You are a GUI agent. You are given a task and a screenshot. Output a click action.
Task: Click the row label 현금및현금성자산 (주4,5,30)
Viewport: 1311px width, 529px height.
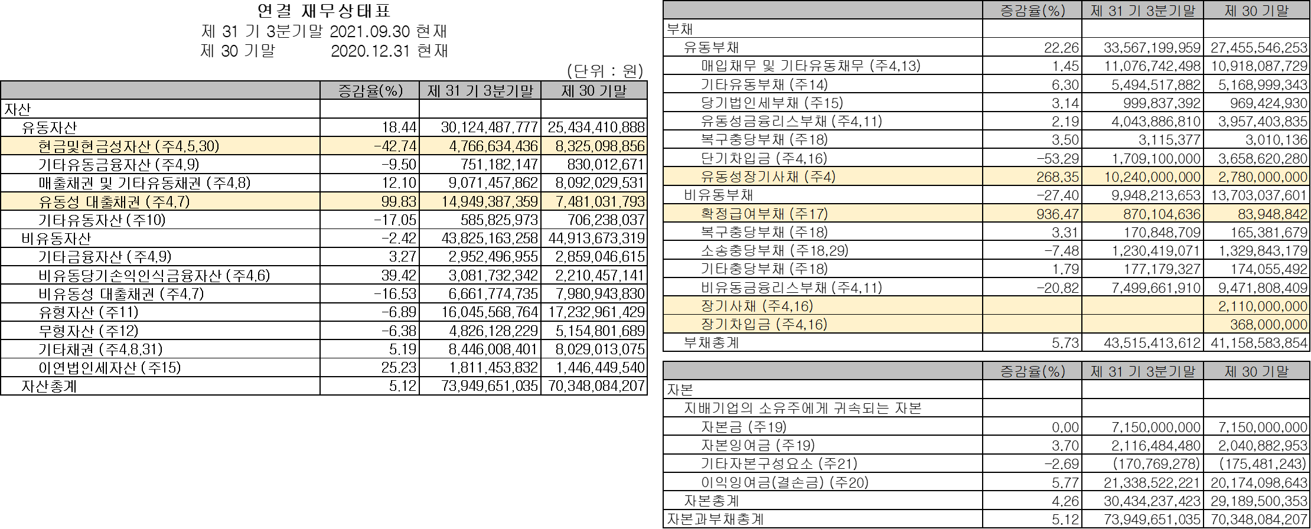tap(128, 146)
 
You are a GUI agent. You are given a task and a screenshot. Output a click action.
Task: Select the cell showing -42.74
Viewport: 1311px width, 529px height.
tap(395, 146)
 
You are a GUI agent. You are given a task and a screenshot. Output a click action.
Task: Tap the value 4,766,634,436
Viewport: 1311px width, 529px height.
tap(493, 146)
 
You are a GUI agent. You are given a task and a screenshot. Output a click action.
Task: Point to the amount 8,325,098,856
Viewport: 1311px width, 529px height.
tap(599, 146)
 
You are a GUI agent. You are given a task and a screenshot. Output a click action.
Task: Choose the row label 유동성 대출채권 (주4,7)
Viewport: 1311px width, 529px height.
tap(114, 201)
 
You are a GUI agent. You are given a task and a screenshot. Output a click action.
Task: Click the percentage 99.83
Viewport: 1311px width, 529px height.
tap(399, 201)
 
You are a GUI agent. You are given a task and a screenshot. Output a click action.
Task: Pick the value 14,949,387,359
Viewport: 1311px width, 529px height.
tap(490, 201)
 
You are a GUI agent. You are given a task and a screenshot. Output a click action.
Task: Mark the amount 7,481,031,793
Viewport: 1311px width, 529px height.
tap(600, 201)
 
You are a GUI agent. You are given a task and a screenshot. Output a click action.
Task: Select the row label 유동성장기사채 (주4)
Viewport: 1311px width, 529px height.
tap(768, 177)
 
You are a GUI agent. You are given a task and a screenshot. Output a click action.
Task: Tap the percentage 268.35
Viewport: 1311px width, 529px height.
tap(1057, 177)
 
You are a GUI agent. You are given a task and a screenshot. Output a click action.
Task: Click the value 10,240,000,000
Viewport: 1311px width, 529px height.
tap(1152, 177)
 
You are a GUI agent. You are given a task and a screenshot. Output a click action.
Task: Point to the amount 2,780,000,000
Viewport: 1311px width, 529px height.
tap(1263, 177)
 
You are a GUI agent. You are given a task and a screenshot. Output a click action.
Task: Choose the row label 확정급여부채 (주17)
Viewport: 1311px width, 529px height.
tap(764, 214)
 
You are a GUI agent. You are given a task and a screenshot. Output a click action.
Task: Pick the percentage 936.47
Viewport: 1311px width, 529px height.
tap(1057, 214)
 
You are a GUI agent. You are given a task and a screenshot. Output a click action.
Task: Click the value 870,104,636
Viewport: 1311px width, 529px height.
tap(1162, 214)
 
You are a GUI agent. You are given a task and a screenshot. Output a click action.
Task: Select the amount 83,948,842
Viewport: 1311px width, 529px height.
tap(1273, 214)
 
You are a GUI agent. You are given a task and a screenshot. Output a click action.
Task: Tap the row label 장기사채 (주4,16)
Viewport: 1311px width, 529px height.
tap(756, 306)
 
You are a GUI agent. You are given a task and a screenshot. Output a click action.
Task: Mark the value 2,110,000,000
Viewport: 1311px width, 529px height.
tap(1263, 306)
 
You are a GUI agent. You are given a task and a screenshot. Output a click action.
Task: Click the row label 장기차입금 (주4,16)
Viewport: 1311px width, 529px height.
tap(764, 324)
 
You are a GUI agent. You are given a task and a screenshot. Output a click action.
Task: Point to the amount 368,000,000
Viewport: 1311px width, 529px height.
tap(1268, 324)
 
